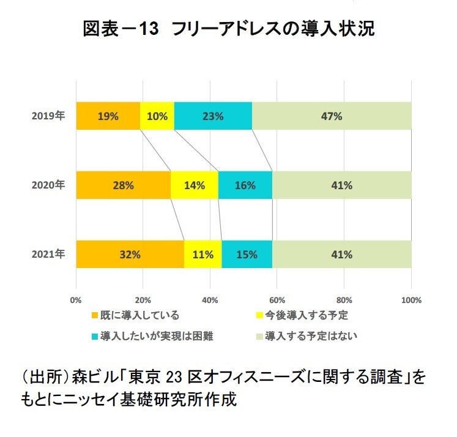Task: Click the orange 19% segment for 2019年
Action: coord(108,116)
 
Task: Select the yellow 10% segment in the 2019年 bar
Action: coord(157,116)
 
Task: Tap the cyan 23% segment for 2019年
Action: coord(213,116)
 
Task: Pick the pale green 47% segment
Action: coord(332,116)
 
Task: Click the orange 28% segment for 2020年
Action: coord(123,185)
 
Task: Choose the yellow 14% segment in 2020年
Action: coord(195,185)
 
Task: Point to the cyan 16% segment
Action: coord(245,185)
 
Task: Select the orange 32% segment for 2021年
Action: coord(130,254)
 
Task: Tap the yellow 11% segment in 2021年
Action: coord(202,254)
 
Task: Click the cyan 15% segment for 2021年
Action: coord(247,254)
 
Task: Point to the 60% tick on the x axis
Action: coord(277,301)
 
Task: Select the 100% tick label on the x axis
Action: coord(411,301)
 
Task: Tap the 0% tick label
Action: coord(76,301)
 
